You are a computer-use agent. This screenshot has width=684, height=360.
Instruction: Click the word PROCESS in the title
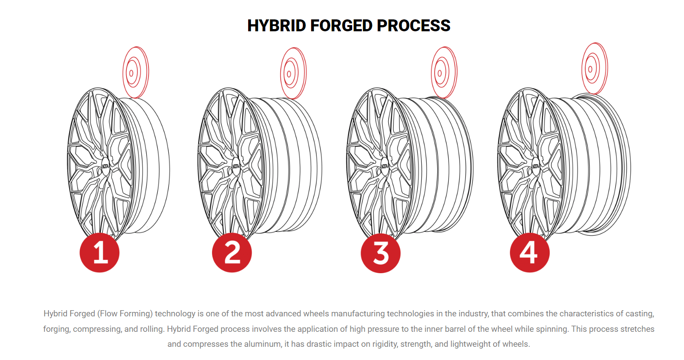[x=413, y=26]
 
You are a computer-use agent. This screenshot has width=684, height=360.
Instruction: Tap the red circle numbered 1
[x=100, y=253]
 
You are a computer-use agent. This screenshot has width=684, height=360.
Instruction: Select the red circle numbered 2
[x=232, y=253]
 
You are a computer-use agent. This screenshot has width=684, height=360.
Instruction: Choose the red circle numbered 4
[x=530, y=253]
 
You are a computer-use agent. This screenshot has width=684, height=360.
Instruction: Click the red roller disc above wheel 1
[x=135, y=72]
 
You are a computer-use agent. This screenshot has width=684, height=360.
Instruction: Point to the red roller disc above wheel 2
[x=293, y=74]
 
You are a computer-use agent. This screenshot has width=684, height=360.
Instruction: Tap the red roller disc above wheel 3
[x=444, y=72]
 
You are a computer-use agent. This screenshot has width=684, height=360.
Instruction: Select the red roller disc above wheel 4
[x=595, y=68]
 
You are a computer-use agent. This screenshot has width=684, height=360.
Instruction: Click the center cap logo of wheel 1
[x=105, y=166]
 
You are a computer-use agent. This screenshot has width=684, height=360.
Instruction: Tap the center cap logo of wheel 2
[x=236, y=166]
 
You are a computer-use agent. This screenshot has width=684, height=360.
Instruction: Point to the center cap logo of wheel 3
[x=384, y=166]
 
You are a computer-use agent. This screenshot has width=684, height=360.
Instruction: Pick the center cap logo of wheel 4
[x=535, y=166]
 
